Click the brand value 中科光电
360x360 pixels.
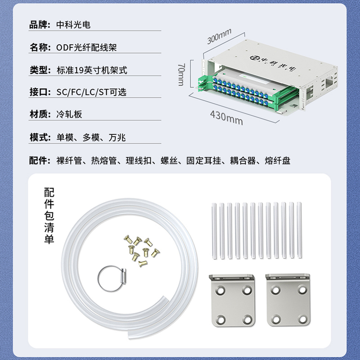coord(73,25)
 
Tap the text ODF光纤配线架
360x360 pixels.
coord(86,47)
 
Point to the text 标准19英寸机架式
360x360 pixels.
coord(92,70)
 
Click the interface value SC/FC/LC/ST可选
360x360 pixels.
coord(91,92)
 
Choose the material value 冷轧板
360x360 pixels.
coord(69,114)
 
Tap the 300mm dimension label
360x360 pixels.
coord(219,36)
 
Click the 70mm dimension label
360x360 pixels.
coord(181,75)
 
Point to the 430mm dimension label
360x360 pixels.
coord(226,118)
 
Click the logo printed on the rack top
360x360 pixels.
coord(273,63)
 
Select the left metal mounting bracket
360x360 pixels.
coord(232,300)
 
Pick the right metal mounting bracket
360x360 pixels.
coord(288,300)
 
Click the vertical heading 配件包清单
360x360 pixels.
coord(49,216)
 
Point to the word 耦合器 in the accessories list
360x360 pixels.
coord(243,161)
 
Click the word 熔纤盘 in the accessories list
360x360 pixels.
coord(278,161)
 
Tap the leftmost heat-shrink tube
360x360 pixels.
coord(214,231)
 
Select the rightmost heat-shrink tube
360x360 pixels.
coord(299,230)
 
